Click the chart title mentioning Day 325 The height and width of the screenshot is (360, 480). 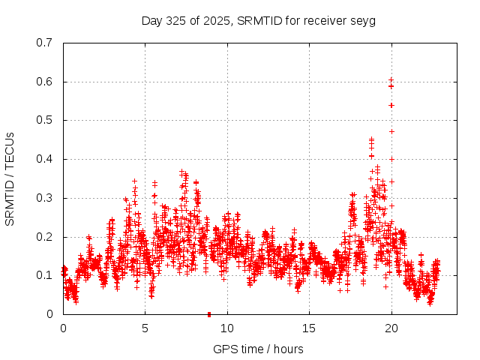pyautogui.click(x=258, y=20)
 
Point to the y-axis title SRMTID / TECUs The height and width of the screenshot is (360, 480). pyautogui.click(x=10, y=179)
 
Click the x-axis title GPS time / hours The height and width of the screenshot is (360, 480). pyautogui.click(x=258, y=349)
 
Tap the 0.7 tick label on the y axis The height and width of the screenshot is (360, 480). pyautogui.click(x=44, y=43)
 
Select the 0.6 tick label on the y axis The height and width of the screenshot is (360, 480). pyautogui.click(x=44, y=82)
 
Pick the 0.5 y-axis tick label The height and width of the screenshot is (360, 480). pyautogui.click(x=44, y=120)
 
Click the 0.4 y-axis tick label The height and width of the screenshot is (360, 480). pyautogui.click(x=44, y=159)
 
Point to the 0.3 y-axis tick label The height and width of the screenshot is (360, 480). pyautogui.click(x=44, y=198)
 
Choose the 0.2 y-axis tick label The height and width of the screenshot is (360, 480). pyautogui.click(x=44, y=237)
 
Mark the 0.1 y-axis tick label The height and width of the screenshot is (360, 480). pyautogui.click(x=44, y=275)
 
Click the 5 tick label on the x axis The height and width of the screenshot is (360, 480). pyautogui.click(x=145, y=328)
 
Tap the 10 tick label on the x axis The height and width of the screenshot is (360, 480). pyautogui.click(x=227, y=328)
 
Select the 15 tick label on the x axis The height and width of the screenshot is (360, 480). pyautogui.click(x=309, y=328)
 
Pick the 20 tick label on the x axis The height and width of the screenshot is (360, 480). pyautogui.click(x=391, y=328)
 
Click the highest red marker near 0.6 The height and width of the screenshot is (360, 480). pyautogui.click(x=391, y=79)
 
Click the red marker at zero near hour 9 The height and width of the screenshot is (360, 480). pyautogui.click(x=209, y=313)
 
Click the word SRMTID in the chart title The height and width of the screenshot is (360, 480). pyautogui.click(x=257, y=20)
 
